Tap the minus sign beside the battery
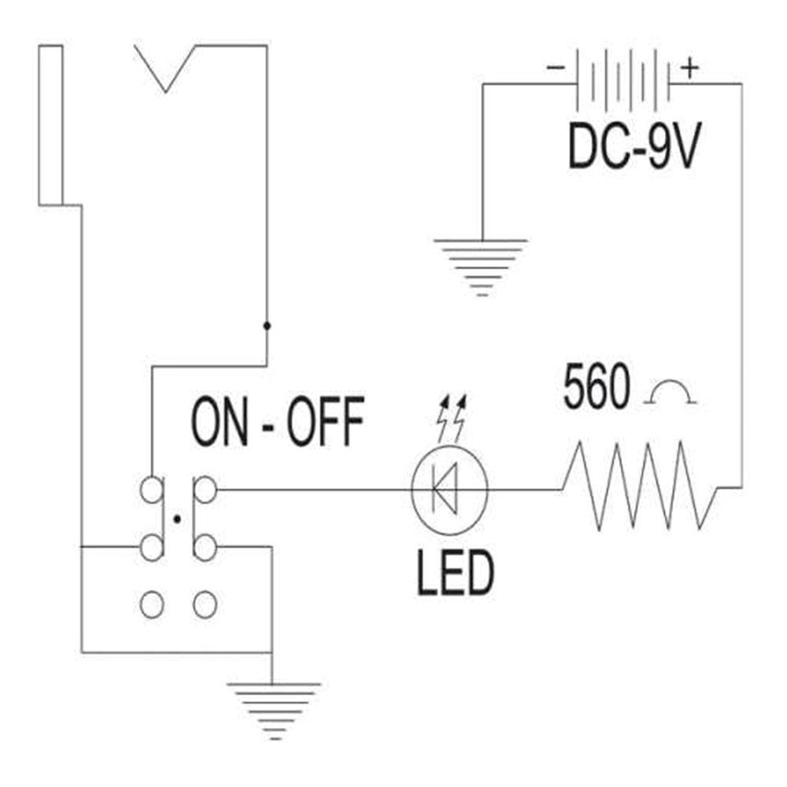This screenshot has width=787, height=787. click(555, 68)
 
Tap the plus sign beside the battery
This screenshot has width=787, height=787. click(689, 68)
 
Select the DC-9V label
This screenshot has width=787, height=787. click(633, 147)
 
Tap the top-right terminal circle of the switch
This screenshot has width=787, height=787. click(205, 490)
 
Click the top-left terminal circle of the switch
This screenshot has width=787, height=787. click(152, 490)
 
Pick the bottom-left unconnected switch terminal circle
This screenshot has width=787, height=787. click(152, 604)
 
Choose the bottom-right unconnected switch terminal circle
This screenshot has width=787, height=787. click(205, 604)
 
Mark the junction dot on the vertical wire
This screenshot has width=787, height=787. click(267, 325)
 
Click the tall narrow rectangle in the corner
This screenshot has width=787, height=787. click(50, 126)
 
